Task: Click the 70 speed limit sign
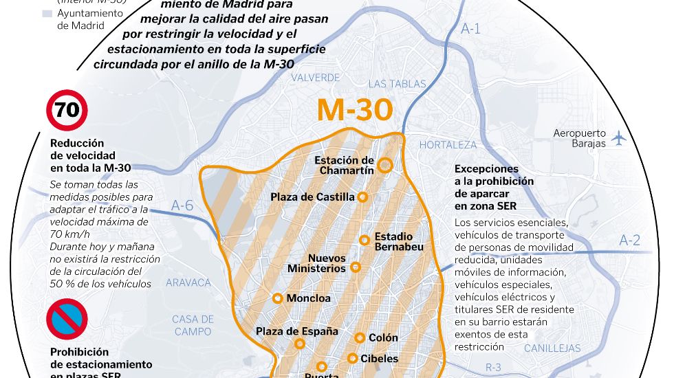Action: point(67,111)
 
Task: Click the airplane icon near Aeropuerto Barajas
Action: point(619,137)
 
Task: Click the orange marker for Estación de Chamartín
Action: point(385,165)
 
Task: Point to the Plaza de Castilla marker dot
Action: point(363,197)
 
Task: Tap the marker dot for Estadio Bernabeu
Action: point(365,240)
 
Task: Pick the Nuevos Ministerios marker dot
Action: point(356,267)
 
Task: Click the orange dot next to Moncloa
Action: point(277,298)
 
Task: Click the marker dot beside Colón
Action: point(360,337)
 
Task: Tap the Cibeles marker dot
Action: point(353,358)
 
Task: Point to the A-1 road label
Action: point(470,29)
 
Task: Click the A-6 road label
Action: point(182,205)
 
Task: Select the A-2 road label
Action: point(629,240)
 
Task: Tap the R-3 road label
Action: point(493,368)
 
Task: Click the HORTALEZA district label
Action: point(448,145)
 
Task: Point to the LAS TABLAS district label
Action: point(398,84)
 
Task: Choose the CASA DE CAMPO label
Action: point(193,325)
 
